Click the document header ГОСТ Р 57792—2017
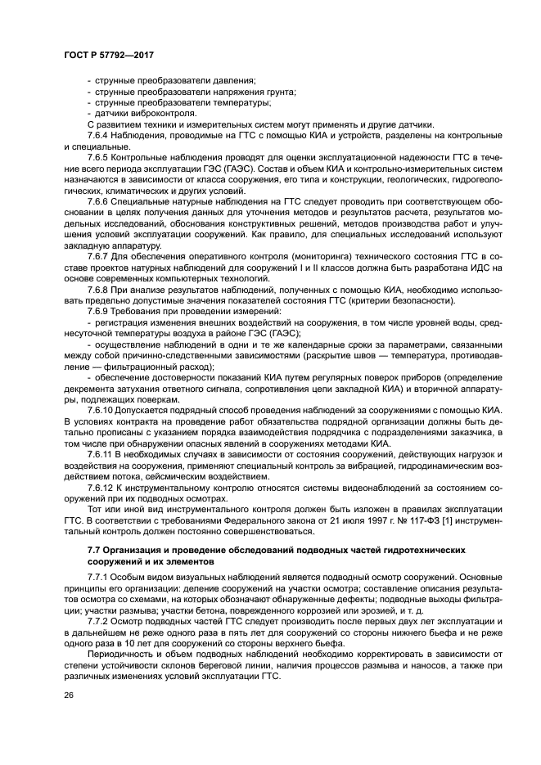(109, 55)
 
